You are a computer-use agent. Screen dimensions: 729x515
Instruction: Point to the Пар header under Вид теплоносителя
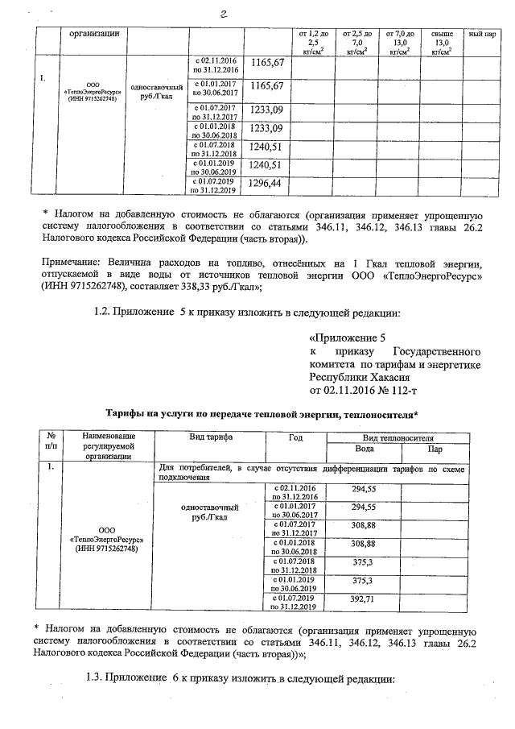[x=435, y=449]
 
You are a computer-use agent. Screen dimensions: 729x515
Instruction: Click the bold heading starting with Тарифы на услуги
[x=262, y=415]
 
